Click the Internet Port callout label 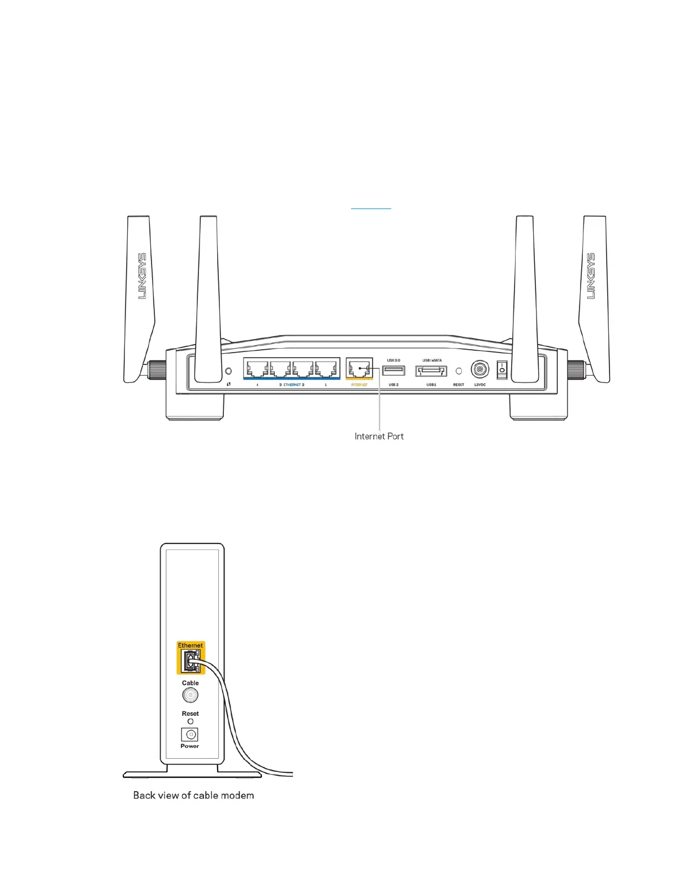click(x=379, y=436)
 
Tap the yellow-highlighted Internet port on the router click(x=359, y=370)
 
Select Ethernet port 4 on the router click(x=257, y=370)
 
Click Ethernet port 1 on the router click(x=326, y=370)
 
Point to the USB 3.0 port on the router click(x=393, y=371)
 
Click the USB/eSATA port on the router click(x=431, y=371)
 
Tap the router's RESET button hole click(x=459, y=371)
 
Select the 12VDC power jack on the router click(x=479, y=370)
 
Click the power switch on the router click(x=501, y=370)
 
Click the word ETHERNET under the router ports click(x=292, y=385)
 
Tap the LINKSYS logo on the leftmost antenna click(x=142, y=276)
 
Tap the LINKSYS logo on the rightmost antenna click(x=591, y=276)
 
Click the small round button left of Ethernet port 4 click(x=228, y=371)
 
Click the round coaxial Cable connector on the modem click(x=190, y=696)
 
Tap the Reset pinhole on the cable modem click(x=190, y=722)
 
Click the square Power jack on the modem click(x=190, y=735)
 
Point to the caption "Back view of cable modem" click(x=193, y=796)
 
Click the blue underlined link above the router click(x=371, y=207)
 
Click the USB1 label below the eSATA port click(x=431, y=385)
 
